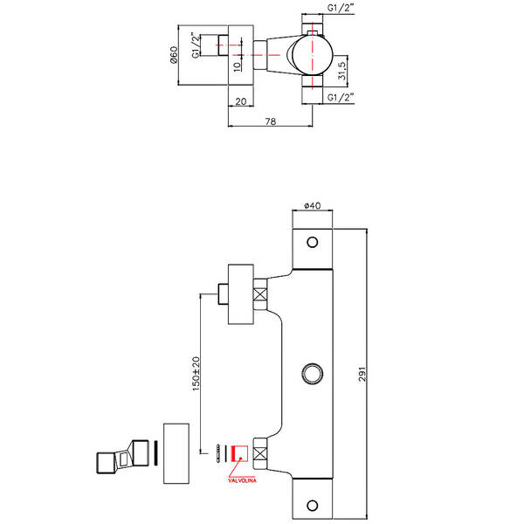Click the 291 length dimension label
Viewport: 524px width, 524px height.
(362, 374)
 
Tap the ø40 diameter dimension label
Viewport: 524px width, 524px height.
(313, 205)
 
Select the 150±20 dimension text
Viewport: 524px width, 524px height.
(196, 374)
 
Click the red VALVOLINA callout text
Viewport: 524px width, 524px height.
(242, 480)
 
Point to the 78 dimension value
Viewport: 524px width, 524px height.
(271, 121)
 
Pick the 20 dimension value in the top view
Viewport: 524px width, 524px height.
(241, 101)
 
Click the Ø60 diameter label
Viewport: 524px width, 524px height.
(174, 55)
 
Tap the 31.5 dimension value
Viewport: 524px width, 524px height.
(341, 71)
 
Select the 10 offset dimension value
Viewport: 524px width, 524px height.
(237, 66)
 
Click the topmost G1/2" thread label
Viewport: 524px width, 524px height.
(341, 8)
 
